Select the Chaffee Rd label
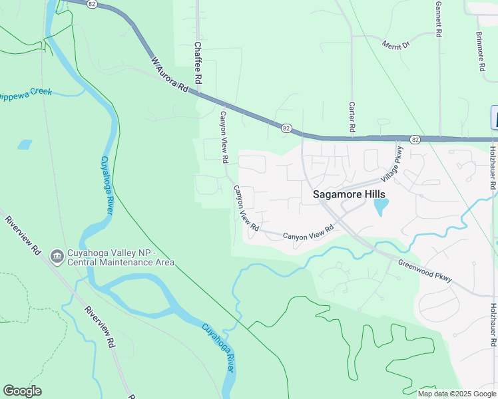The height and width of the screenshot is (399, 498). tap(198, 65)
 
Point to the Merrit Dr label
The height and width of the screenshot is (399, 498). tap(395, 45)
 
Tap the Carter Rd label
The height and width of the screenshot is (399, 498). tap(351, 116)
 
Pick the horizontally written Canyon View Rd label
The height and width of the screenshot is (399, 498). tap(308, 233)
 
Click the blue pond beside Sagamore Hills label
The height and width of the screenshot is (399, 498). tap(380, 207)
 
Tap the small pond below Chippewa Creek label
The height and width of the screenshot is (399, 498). tap(25, 144)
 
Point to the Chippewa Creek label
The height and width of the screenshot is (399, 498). tap(25, 93)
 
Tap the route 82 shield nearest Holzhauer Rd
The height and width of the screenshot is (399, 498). tap(415, 140)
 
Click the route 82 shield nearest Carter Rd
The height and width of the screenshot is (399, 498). tap(286, 127)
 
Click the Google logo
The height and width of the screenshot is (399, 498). tap(23, 390)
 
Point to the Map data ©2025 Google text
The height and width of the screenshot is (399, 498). tap(457, 394)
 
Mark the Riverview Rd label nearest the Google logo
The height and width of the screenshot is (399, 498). tap(100, 327)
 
